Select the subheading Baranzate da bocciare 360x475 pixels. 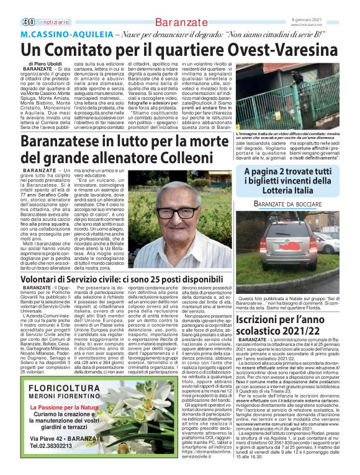290,205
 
